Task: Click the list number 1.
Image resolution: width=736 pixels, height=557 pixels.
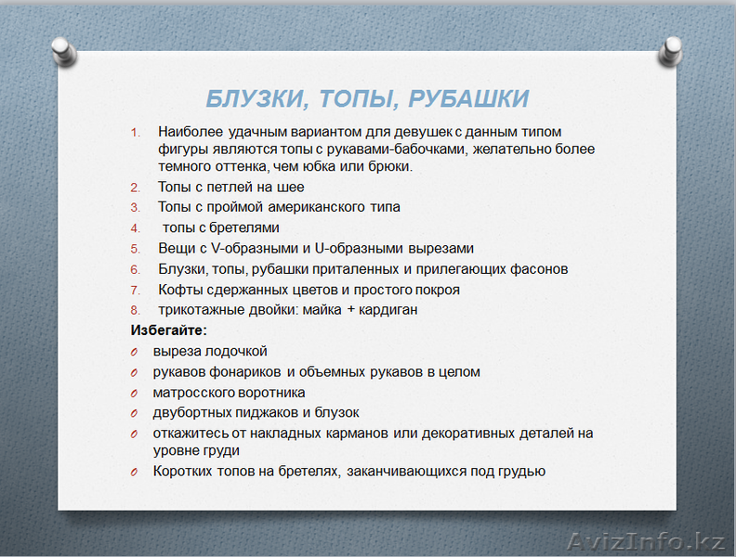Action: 134,132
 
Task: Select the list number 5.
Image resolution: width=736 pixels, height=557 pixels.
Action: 134,249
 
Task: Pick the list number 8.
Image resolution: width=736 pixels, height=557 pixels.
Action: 134,310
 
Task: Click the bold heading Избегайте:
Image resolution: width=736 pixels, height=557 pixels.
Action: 168,330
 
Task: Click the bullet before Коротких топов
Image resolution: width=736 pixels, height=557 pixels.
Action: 134,472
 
